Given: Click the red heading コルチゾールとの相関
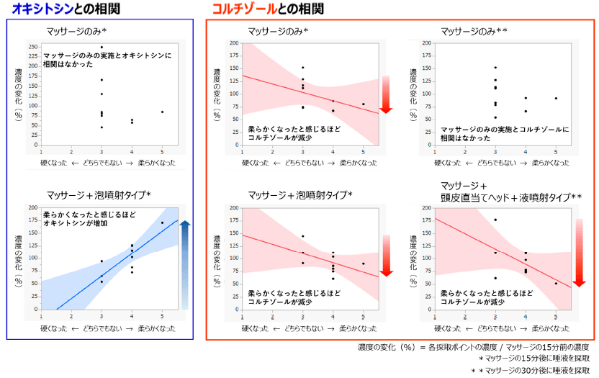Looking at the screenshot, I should pyautogui.click(x=267, y=9).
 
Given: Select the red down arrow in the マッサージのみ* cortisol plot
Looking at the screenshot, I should pyautogui.click(x=385, y=94).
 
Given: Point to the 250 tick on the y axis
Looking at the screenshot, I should pyautogui.click(x=33, y=47).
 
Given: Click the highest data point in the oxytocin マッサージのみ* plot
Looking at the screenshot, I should pyautogui.click(x=102, y=47).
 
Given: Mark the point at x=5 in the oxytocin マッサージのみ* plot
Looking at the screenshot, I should pyautogui.click(x=162, y=112).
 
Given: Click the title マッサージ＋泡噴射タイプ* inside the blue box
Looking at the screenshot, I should pyautogui.click(x=98, y=195).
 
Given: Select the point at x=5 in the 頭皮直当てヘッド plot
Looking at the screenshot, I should pyautogui.click(x=556, y=283).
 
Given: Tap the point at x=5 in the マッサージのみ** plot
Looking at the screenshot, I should pyautogui.click(x=556, y=98).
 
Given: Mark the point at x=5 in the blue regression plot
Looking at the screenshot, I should pyautogui.click(x=162, y=222).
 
